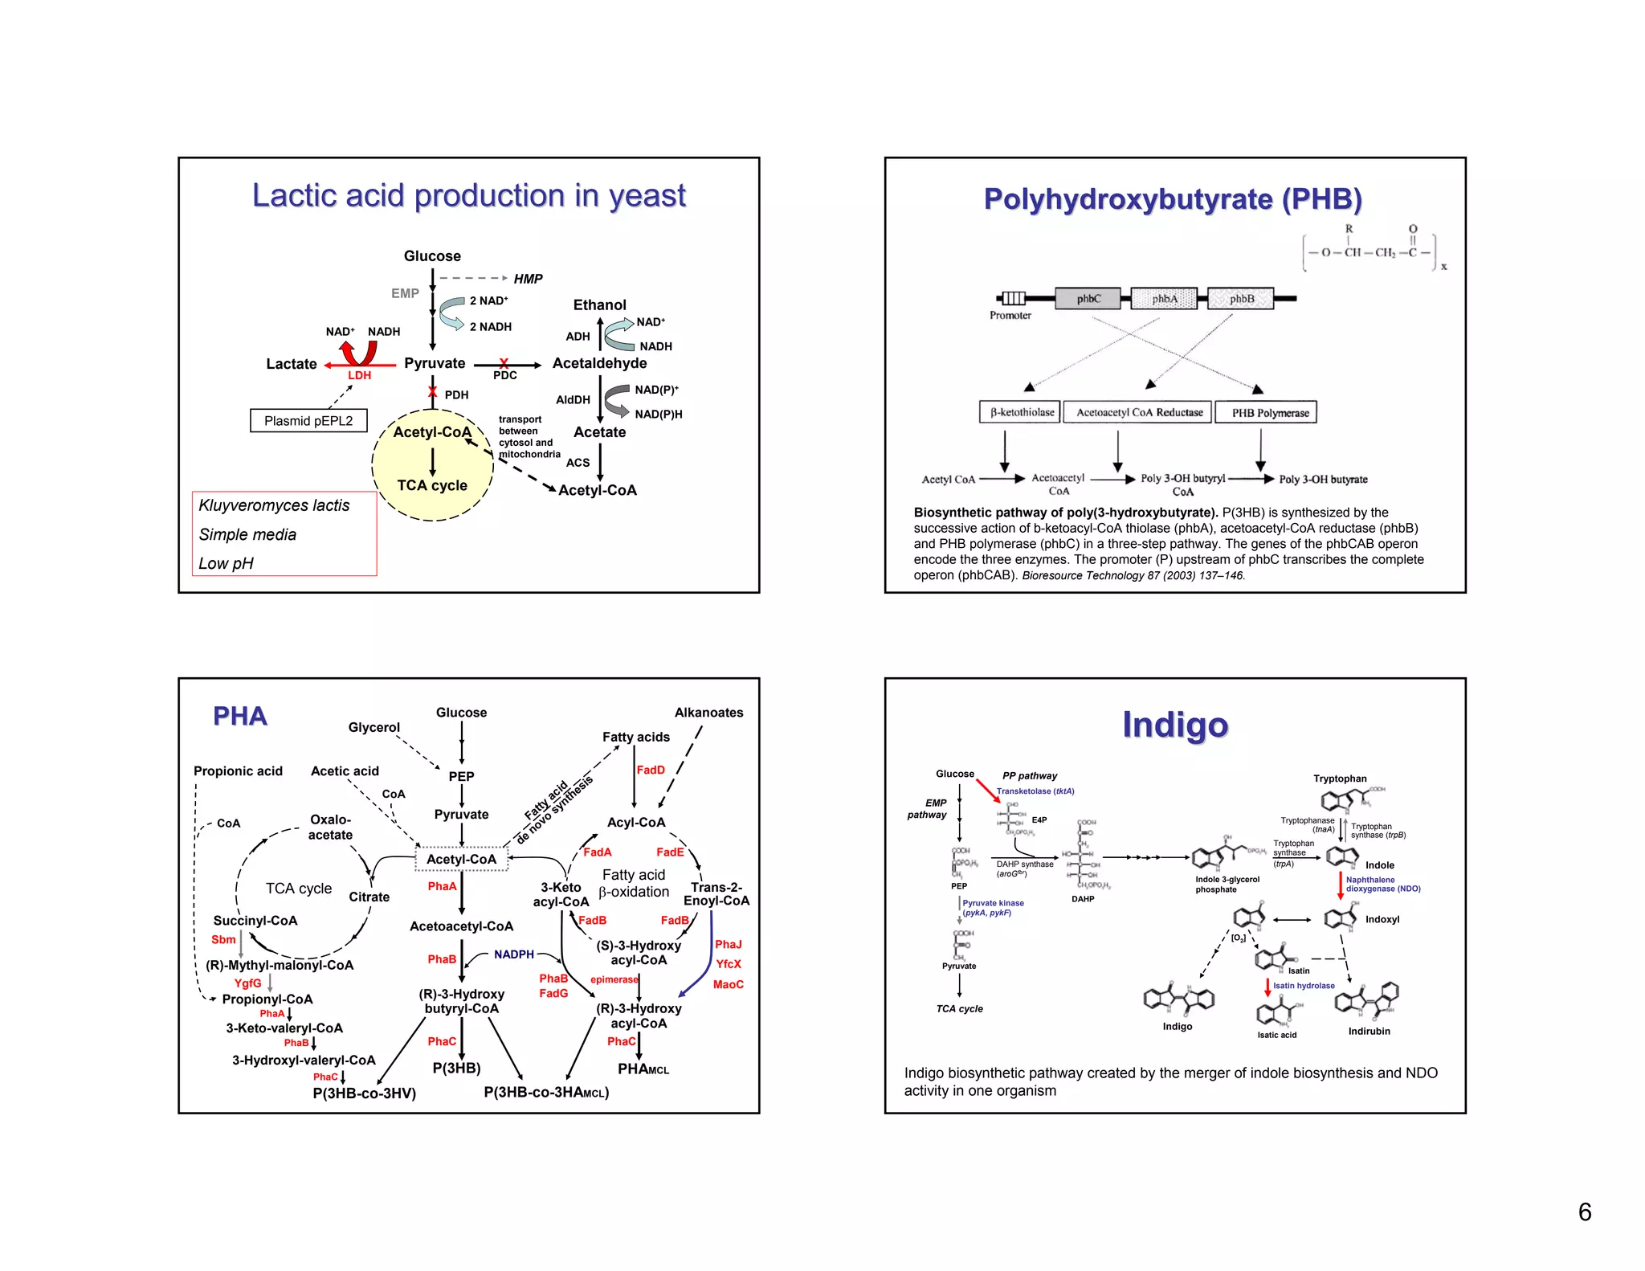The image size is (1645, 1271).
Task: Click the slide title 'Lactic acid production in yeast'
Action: coord(468,195)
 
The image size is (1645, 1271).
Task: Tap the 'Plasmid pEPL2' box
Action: coord(308,420)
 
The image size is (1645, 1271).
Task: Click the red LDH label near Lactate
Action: coord(359,375)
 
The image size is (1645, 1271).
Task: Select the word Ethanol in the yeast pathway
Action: coord(599,304)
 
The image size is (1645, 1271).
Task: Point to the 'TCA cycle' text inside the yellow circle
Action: coord(432,485)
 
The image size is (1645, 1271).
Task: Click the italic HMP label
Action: coord(528,279)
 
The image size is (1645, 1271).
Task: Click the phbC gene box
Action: coord(1088,298)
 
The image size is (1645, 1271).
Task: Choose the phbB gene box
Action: coord(1241,298)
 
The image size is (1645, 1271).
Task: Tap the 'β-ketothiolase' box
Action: coord(1021,412)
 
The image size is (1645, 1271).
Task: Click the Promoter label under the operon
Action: coord(1010,316)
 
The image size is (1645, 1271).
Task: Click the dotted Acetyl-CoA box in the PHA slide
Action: coord(461,859)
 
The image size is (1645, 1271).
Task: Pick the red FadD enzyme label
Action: coord(650,770)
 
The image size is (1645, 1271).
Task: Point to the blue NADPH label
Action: coord(514,954)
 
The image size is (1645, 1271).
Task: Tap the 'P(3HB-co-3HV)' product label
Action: coord(364,1093)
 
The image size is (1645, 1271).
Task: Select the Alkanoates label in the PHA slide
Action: coord(708,713)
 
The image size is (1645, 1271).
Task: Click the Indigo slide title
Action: coord(1174,725)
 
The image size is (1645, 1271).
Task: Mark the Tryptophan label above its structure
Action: coord(1339,779)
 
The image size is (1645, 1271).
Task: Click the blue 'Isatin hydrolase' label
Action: coord(1303,986)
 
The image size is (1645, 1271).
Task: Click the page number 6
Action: coord(1584,1212)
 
